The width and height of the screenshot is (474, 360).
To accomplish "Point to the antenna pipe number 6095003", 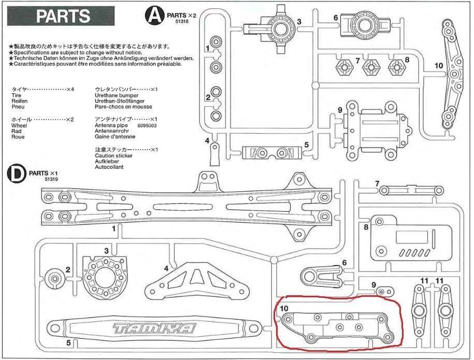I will pos(147,125).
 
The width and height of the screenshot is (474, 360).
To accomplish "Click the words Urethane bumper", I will pos(117,95).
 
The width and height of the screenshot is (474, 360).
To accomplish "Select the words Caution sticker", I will pos(113,155).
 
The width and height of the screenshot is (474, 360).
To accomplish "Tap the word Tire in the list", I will pos(16,95).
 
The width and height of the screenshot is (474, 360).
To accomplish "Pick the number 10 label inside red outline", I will pos(283,308).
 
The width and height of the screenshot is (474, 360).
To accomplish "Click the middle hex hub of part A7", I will pos(370,66).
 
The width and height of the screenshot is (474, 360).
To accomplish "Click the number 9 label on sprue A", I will pos(339,110).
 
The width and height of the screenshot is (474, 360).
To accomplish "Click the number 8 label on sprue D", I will pos(366,227).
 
